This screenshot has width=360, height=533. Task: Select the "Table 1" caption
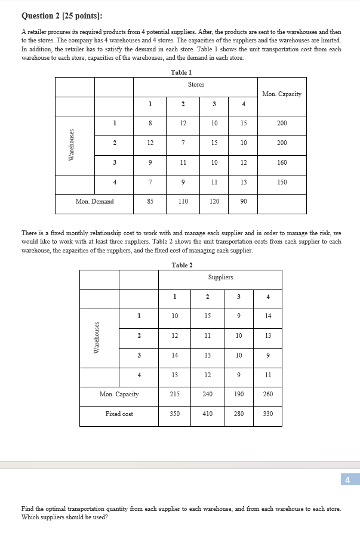(x=181, y=72)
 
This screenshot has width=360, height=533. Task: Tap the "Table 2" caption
(x=181, y=265)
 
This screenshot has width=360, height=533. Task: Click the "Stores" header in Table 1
(x=196, y=85)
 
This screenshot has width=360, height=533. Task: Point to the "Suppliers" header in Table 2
(x=220, y=278)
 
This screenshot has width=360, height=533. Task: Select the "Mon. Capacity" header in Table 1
(x=282, y=94)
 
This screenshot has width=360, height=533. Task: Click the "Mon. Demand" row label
(x=94, y=202)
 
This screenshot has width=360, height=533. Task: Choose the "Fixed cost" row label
(x=119, y=414)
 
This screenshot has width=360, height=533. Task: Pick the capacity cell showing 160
(x=282, y=162)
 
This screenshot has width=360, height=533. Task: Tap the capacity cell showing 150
(x=282, y=182)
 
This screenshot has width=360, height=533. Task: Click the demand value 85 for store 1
(x=150, y=202)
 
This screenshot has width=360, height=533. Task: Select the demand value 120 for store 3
(x=214, y=202)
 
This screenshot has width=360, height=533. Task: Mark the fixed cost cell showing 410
(x=207, y=414)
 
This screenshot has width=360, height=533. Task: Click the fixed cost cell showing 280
(x=239, y=414)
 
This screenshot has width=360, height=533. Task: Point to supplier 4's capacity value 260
(x=268, y=394)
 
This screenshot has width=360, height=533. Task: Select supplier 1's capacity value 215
(x=174, y=394)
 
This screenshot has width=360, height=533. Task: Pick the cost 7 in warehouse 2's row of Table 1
(x=183, y=143)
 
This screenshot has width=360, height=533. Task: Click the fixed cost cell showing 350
(x=174, y=414)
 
